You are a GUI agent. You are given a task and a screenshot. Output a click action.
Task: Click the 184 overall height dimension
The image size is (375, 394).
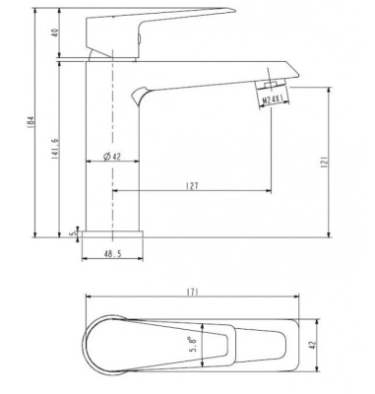click(31, 122)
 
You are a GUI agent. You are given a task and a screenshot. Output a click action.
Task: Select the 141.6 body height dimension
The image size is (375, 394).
click(55, 148)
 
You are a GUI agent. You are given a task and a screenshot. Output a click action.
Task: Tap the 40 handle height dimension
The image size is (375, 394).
click(55, 33)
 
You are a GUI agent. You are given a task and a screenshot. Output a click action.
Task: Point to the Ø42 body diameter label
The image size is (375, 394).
click(111, 157)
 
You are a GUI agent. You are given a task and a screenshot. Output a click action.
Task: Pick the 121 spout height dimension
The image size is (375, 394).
click(324, 162)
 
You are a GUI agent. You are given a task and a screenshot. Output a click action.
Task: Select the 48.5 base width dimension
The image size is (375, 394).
click(112, 254)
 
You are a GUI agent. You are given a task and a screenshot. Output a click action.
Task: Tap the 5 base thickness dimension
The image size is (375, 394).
click(74, 232)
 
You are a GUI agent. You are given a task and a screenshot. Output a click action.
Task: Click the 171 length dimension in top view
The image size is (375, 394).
click(192, 293)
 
